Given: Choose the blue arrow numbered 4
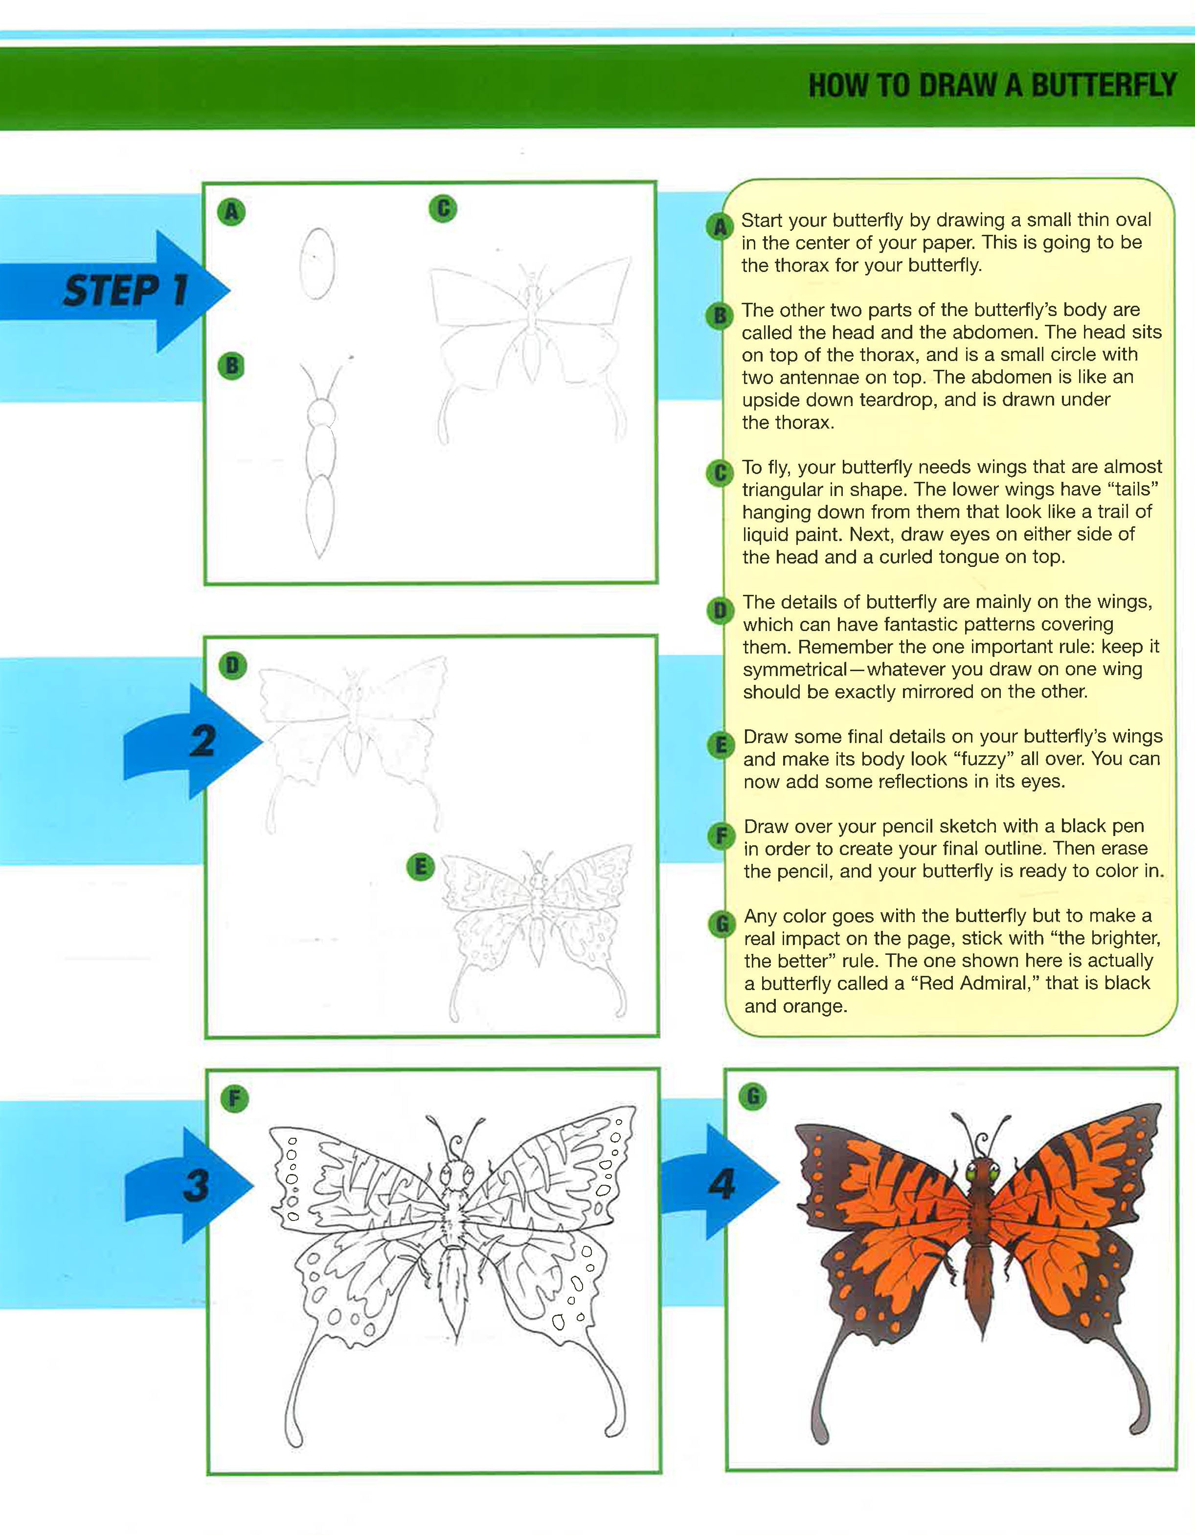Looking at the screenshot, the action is pyautogui.click(x=719, y=1182).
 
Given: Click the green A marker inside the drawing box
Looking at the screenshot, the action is pyautogui.click(x=231, y=211).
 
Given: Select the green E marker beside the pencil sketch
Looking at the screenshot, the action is pyautogui.click(x=420, y=867).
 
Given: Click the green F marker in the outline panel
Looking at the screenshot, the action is pyautogui.click(x=234, y=1099).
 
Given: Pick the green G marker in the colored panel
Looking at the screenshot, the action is pyautogui.click(x=753, y=1096).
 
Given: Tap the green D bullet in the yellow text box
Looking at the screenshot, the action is pyautogui.click(x=719, y=611).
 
